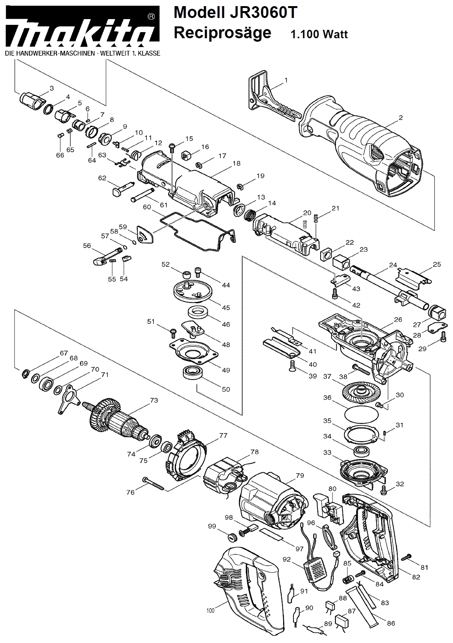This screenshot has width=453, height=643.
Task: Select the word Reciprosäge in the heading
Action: [222, 32]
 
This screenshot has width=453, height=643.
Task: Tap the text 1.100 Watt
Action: [319, 34]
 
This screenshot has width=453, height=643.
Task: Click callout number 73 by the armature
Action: [154, 400]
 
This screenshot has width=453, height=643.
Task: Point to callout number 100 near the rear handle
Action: [210, 611]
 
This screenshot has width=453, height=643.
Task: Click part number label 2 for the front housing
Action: [401, 118]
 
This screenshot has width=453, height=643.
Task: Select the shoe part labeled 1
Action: [273, 95]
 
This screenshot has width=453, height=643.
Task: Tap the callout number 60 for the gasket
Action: [147, 207]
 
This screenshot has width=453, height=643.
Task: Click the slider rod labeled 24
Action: [389, 287]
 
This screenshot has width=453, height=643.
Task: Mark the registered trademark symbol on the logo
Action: [151, 17]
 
